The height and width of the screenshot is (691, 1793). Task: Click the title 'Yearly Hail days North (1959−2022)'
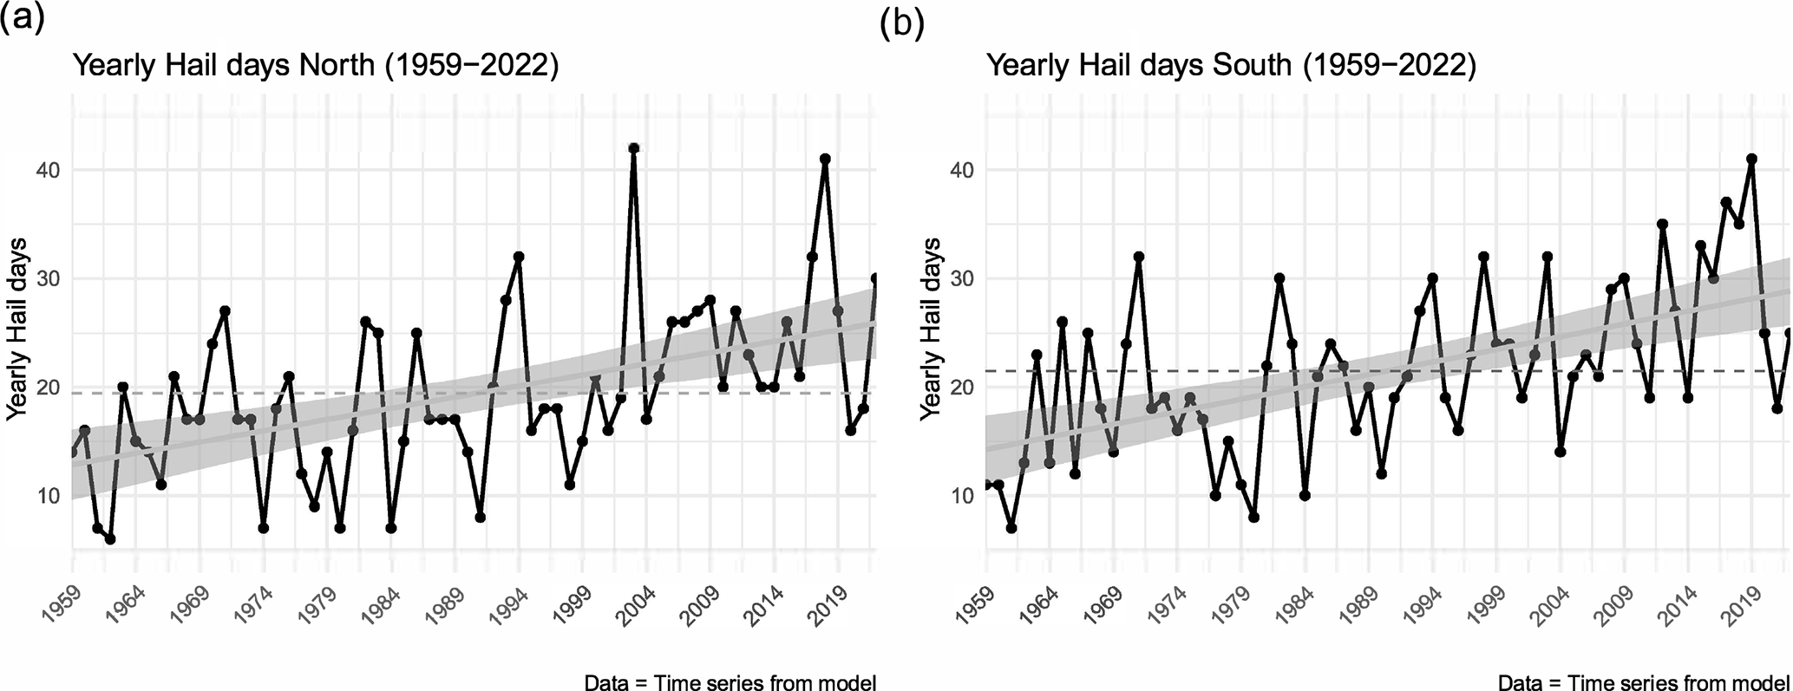point(315,67)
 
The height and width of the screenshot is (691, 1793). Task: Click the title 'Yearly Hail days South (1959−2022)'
point(1231,67)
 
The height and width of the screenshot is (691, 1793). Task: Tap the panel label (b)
point(902,24)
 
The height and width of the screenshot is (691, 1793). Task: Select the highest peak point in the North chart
point(634,148)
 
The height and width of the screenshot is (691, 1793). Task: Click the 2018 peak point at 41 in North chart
point(825,160)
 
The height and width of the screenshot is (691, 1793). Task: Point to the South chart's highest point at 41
point(1751,160)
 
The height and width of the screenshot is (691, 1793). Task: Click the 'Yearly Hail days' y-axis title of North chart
point(18,329)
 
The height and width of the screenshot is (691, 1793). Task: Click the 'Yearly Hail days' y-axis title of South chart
point(932,329)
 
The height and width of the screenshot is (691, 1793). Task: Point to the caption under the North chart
point(730,681)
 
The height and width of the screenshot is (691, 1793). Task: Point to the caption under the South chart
point(1644,681)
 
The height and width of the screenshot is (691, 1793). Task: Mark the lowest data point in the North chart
point(110,539)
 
